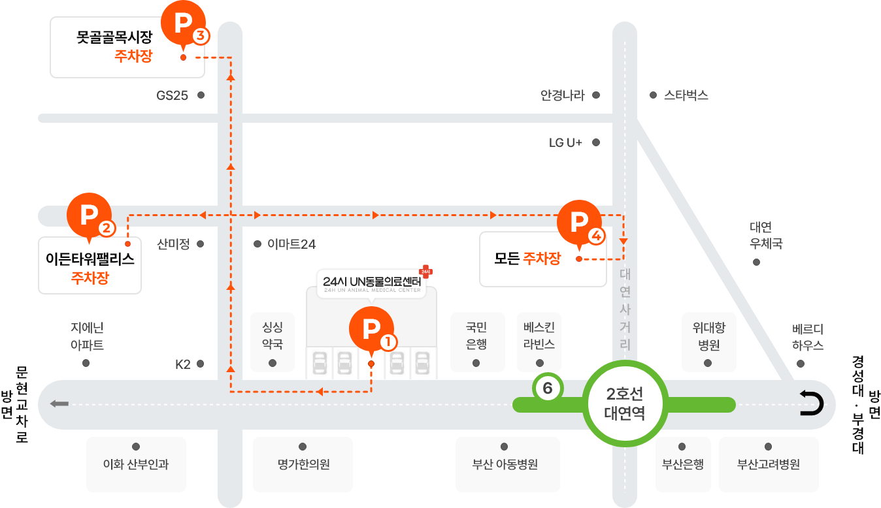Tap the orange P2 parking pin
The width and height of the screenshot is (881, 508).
[90, 215]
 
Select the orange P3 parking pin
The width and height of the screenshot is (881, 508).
[184, 23]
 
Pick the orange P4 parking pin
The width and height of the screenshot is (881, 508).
[579, 223]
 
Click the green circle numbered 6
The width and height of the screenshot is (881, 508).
[548, 388]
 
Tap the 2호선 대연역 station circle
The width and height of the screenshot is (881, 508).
[625, 404]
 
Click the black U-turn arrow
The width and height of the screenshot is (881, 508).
[811, 403]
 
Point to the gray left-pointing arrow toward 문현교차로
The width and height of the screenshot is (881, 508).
[59, 404]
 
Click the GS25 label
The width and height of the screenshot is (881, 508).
[172, 95]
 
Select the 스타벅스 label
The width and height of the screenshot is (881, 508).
[686, 95]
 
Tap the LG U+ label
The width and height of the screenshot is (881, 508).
[565, 142]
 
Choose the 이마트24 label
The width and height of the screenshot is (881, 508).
[291, 244]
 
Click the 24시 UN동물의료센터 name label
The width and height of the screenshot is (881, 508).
[372, 281]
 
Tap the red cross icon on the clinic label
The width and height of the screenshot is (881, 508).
[426, 271]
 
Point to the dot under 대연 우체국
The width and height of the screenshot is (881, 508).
[756, 262]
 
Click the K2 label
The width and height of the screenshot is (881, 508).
[183, 364]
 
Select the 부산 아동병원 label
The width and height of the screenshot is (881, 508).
[505, 464]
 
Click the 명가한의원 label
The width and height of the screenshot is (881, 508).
[303, 464]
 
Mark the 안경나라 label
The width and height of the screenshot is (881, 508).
[563, 95]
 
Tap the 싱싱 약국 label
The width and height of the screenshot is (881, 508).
[273, 336]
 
